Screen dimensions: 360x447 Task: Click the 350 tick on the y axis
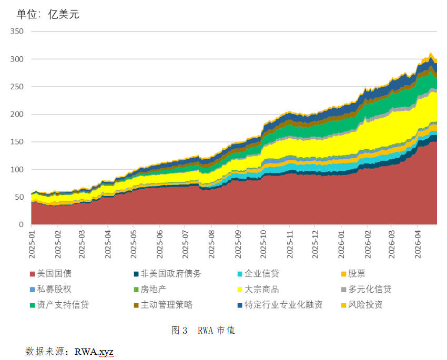pos(17,32)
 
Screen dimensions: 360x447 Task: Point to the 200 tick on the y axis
pos(17,114)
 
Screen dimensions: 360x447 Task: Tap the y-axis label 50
pos(19,197)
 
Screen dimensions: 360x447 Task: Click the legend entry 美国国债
pos(54,274)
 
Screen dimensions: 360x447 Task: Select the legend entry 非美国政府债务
pos(171,274)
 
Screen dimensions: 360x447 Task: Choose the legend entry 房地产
pos(154,290)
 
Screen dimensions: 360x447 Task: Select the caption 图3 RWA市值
pos(203,331)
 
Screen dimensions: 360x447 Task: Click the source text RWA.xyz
pos(94,351)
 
